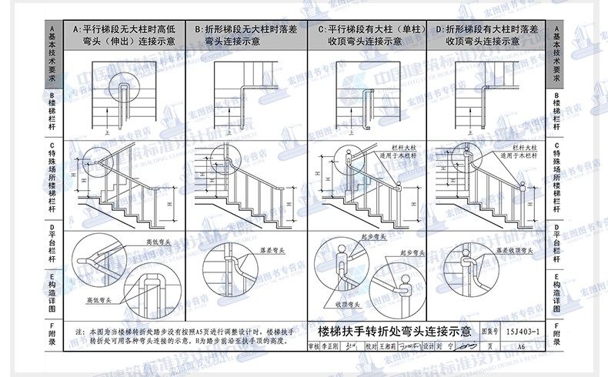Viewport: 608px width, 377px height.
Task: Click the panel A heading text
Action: pyautogui.click(x=124, y=34)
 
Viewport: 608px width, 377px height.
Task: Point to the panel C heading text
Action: pyautogui.click(x=368, y=34)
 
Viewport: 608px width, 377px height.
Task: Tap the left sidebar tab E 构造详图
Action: pyautogui.click(x=52, y=292)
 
